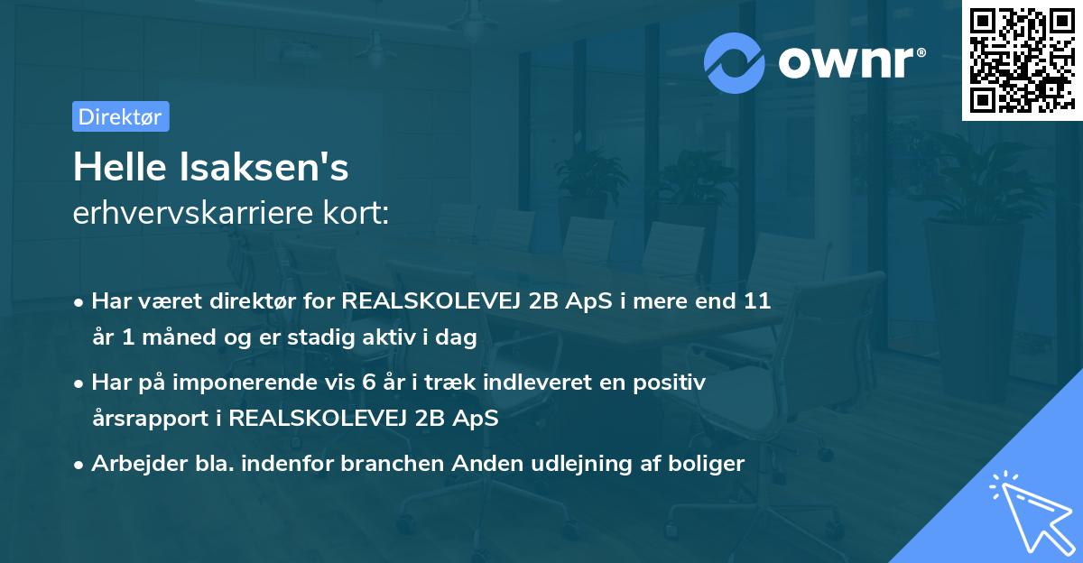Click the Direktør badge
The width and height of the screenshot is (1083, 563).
coord(120,116)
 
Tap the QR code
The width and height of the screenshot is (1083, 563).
coord(1021,60)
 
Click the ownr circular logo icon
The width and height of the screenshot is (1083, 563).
coord(735,62)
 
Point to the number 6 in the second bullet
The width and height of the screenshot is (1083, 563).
coord(369,383)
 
